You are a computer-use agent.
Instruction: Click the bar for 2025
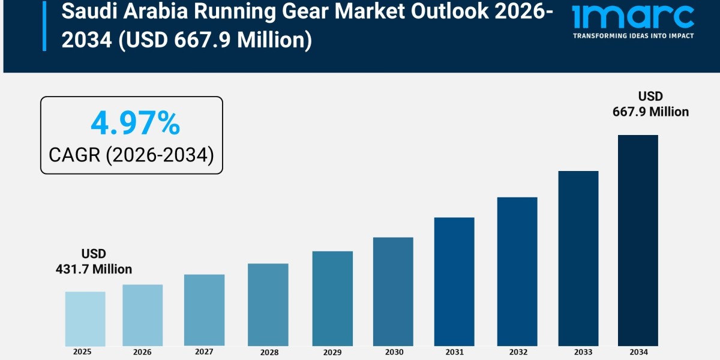(x=85, y=319)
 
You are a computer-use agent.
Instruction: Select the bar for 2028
(x=268, y=305)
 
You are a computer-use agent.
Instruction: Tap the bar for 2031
(x=454, y=281)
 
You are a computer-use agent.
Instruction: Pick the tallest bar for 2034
(x=638, y=240)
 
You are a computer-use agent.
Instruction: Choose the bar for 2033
(x=578, y=258)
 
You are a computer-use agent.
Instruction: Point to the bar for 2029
(x=332, y=298)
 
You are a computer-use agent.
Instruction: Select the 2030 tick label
(x=393, y=352)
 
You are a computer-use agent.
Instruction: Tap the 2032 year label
(x=517, y=352)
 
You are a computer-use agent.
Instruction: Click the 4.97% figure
(x=135, y=124)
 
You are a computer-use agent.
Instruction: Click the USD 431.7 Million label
(x=94, y=262)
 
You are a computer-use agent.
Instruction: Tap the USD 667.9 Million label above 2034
(x=650, y=104)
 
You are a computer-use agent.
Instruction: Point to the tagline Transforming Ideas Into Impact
(x=633, y=36)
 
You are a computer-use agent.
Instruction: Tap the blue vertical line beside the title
(x=44, y=25)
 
